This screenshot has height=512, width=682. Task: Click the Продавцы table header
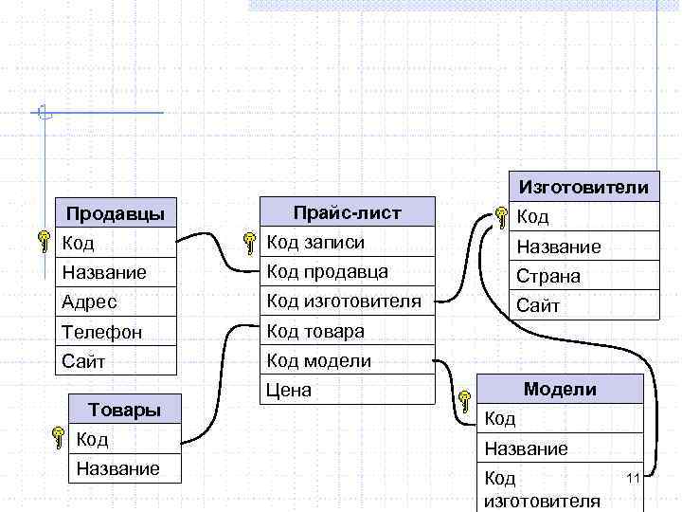click(116, 212)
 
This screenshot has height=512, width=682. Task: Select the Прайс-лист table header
click(347, 212)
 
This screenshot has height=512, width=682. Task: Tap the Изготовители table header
click(583, 187)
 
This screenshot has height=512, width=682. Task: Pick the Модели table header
click(560, 389)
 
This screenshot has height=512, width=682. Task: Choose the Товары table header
click(123, 410)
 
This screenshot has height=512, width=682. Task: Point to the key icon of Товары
click(59, 440)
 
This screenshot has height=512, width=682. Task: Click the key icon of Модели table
click(464, 401)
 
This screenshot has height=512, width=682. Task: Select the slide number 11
click(634, 476)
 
